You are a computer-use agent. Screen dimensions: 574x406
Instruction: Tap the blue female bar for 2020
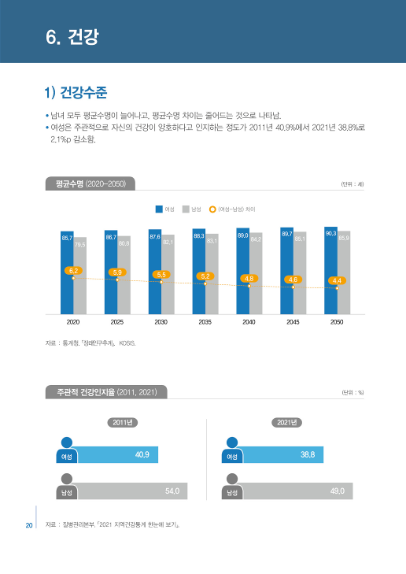click(66, 272)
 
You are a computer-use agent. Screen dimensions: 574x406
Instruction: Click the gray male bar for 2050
click(344, 272)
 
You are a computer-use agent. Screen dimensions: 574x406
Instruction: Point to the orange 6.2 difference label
click(73, 271)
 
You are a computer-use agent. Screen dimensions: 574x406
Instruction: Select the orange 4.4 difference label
click(337, 280)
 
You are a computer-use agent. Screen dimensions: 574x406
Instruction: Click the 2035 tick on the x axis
click(205, 323)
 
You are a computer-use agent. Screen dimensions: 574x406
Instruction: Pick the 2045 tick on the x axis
click(293, 323)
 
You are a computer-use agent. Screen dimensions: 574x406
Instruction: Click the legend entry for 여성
click(164, 209)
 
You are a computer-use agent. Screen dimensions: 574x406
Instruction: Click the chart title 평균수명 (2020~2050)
click(90, 184)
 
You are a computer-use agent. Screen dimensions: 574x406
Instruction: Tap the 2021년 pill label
click(288, 423)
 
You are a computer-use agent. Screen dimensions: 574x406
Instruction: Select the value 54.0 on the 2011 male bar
click(172, 491)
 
